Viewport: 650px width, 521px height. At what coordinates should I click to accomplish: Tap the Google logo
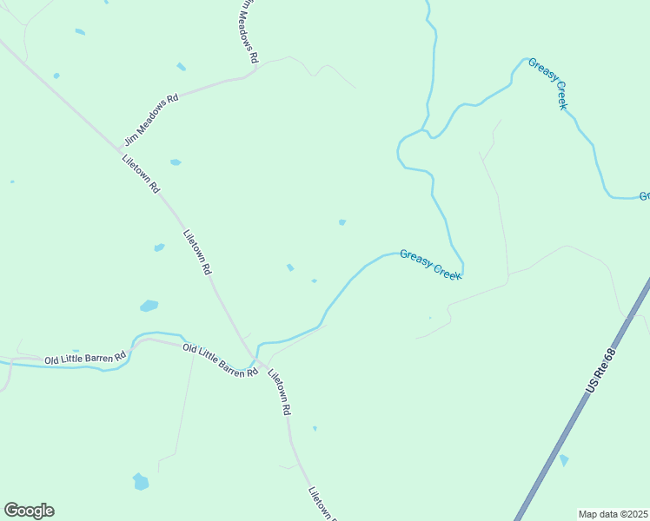pyautogui.click(x=29, y=511)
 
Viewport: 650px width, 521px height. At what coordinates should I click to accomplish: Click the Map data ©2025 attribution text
pyautogui.click(x=613, y=514)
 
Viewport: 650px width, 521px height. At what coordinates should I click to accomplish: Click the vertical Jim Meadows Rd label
pyautogui.click(x=249, y=31)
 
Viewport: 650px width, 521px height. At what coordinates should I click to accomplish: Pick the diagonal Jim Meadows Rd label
pyautogui.click(x=151, y=118)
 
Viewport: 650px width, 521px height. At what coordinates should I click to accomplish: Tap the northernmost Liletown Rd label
pyautogui.click(x=141, y=173)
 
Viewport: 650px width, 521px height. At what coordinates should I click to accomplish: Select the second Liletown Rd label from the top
pyautogui.click(x=197, y=252)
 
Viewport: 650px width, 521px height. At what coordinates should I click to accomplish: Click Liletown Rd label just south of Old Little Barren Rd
pyautogui.click(x=278, y=392)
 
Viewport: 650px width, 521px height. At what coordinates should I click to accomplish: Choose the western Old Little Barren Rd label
pyautogui.click(x=85, y=357)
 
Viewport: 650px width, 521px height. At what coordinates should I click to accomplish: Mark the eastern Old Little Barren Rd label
pyautogui.click(x=220, y=359)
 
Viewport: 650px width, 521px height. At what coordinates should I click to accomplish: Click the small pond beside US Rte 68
pyautogui.click(x=564, y=459)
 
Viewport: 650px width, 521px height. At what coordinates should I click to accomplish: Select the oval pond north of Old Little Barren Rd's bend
pyautogui.click(x=149, y=306)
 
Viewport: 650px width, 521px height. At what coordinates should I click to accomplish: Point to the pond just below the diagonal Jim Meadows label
pyautogui.click(x=176, y=162)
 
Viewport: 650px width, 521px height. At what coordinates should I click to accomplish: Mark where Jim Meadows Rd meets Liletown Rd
pyautogui.click(x=121, y=147)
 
